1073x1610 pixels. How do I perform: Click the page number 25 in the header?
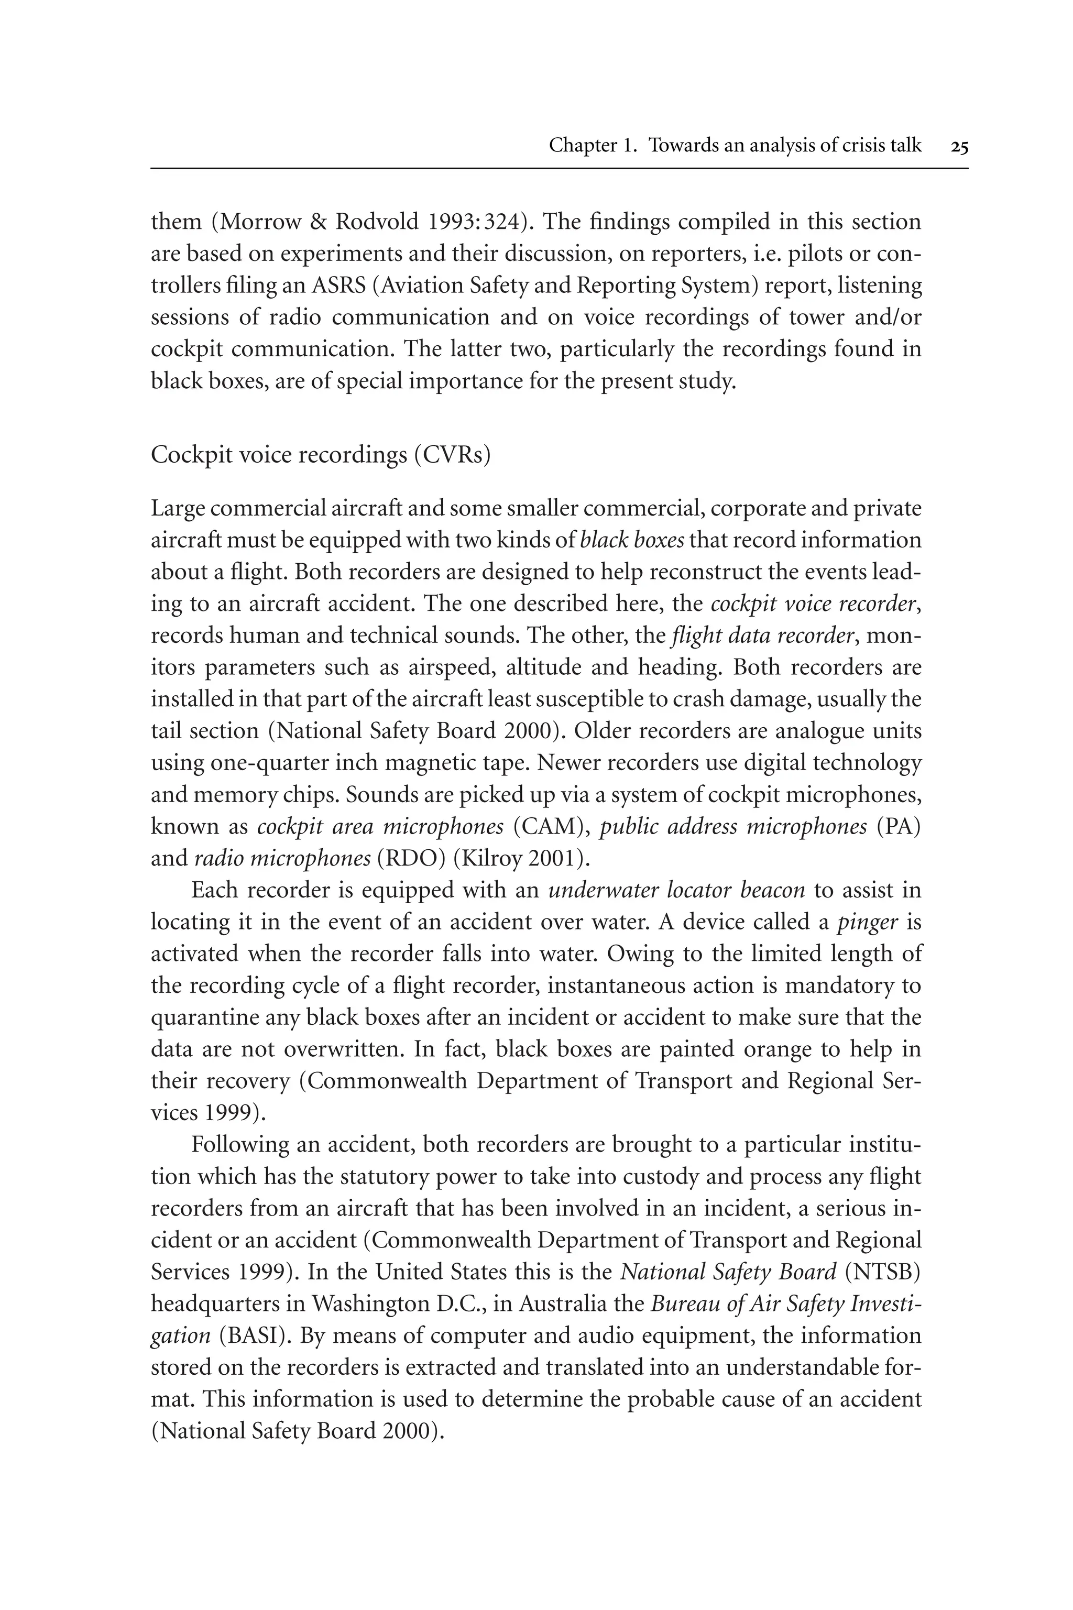coord(959,146)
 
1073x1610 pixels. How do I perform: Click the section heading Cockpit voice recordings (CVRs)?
coord(320,455)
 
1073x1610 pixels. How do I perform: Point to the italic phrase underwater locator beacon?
coord(677,891)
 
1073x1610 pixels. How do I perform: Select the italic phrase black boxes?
coord(632,541)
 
